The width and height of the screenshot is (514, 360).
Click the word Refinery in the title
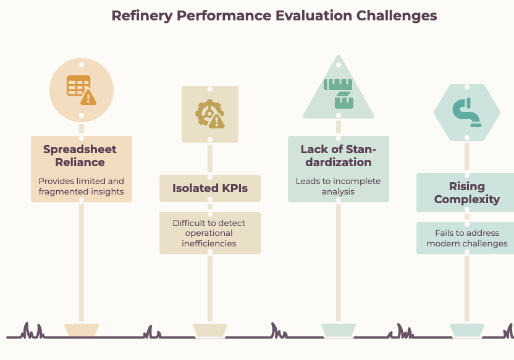click(142, 16)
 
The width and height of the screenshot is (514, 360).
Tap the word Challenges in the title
click(397, 16)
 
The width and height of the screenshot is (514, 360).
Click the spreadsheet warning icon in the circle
click(82, 90)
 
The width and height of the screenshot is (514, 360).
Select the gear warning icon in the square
click(210, 114)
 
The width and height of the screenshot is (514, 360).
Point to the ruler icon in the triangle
click(339, 93)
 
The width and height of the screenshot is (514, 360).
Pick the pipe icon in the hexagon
click(467, 112)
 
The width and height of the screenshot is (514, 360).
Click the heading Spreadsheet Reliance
click(80, 156)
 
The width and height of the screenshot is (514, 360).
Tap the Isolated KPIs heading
click(210, 188)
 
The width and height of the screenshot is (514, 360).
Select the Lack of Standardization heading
click(339, 156)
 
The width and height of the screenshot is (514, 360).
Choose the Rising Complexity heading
click(467, 193)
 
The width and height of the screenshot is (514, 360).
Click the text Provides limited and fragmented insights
click(82, 186)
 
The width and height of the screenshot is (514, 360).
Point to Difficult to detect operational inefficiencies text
click(209, 233)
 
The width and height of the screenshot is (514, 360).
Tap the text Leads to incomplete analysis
click(338, 186)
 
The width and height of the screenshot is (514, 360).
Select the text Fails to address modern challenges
click(467, 238)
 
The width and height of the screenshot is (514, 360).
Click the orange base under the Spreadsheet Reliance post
click(82, 330)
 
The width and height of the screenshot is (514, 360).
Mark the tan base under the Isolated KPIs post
click(210, 330)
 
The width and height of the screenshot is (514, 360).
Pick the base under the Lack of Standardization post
click(339, 330)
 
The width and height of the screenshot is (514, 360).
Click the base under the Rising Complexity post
click(467, 330)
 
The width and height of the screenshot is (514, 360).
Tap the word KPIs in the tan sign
click(235, 188)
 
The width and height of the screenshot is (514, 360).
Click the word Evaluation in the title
click(314, 16)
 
